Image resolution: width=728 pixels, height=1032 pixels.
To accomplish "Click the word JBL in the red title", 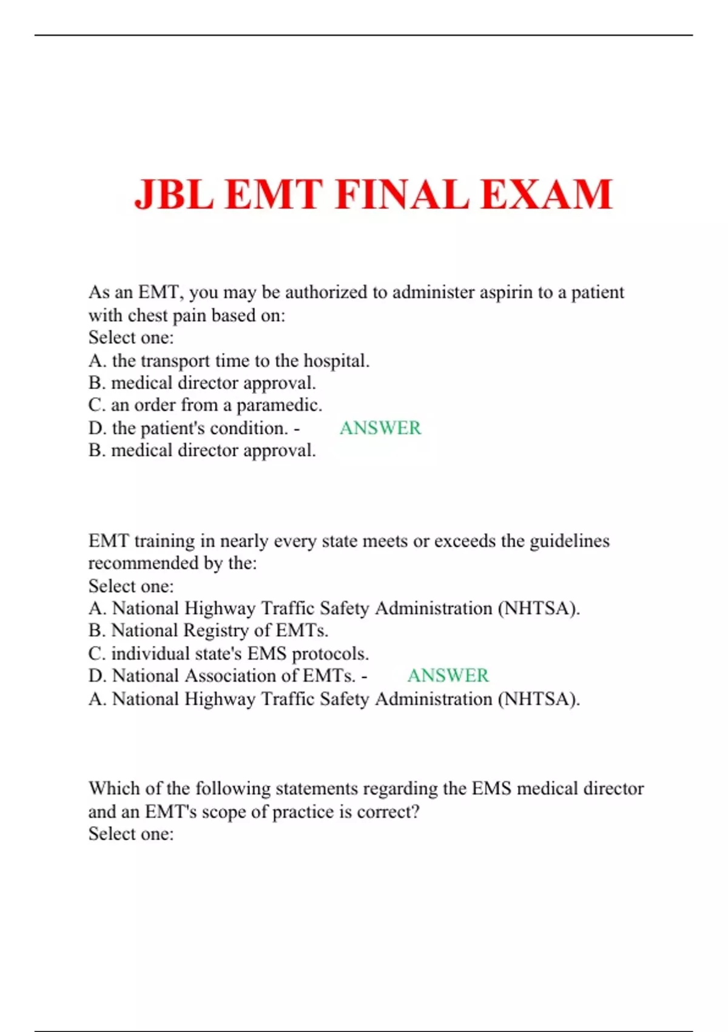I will (174, 195).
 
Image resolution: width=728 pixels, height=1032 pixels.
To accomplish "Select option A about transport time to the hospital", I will (229, 361).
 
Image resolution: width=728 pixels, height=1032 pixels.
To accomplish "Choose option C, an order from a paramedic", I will (205, 405).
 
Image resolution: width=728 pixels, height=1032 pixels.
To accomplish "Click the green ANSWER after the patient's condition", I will (380, 428).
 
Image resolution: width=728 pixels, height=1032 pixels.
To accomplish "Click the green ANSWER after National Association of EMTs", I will (448, 676).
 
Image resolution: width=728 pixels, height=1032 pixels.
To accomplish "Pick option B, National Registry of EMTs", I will (208, 631).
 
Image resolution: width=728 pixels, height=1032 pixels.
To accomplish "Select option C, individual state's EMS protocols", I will (228, 654).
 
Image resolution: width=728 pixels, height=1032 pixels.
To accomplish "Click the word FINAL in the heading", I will (402, 195).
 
